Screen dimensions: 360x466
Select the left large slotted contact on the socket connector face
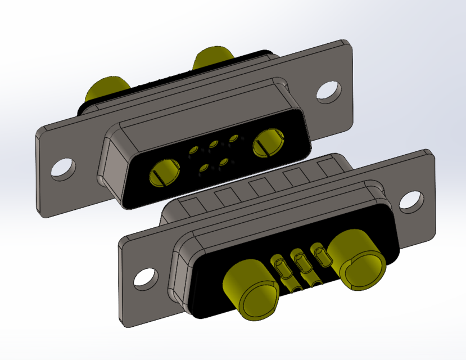164,172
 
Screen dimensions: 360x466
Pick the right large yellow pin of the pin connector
360,260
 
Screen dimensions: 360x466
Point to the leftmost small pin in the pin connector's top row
279,267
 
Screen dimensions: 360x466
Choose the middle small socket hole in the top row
213,145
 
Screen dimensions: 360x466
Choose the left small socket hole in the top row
193,150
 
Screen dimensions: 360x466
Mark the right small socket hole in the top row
233,138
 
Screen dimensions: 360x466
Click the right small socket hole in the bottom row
224,162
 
